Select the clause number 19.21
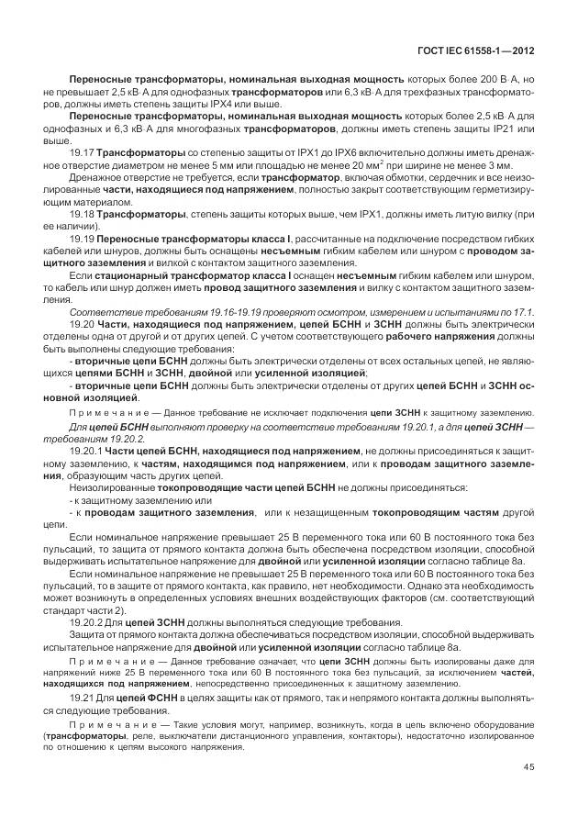click(x=83, y=698)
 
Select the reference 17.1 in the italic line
click(x=523, y=312)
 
